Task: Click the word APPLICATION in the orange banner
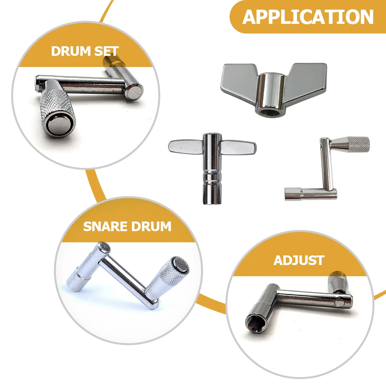tap(308, 17)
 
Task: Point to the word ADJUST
tap(299, 260)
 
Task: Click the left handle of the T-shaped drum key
tap(185, 146)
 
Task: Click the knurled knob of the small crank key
tap(352, 144)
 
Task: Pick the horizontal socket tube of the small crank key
tap(304, 193)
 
